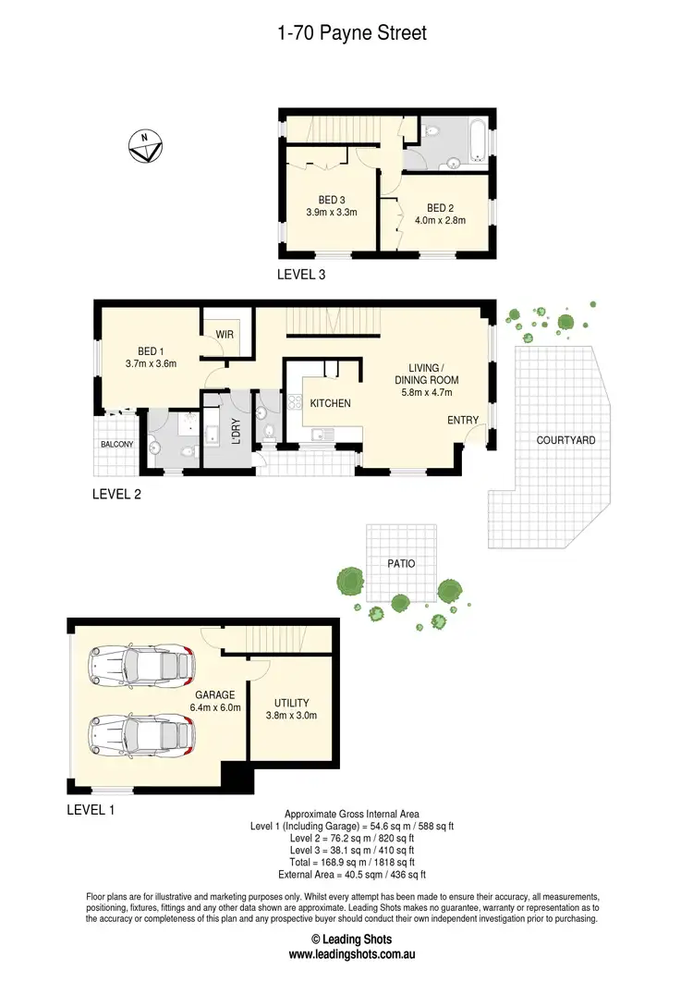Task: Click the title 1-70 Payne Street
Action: point(351,33)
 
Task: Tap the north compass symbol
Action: point(145,146)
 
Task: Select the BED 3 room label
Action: point(332,200)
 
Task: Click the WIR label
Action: point(225,334)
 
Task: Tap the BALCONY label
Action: point(112,445)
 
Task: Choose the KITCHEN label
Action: point(328,404)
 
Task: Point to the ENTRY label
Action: point(463,421)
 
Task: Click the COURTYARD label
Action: point(565,440)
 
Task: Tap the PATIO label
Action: point(401,563)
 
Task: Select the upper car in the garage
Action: point(141,664)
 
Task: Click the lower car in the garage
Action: point(141,737)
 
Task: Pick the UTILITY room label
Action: point(291,703)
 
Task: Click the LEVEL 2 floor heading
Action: point(116,494)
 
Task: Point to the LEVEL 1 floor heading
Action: point(91,809)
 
